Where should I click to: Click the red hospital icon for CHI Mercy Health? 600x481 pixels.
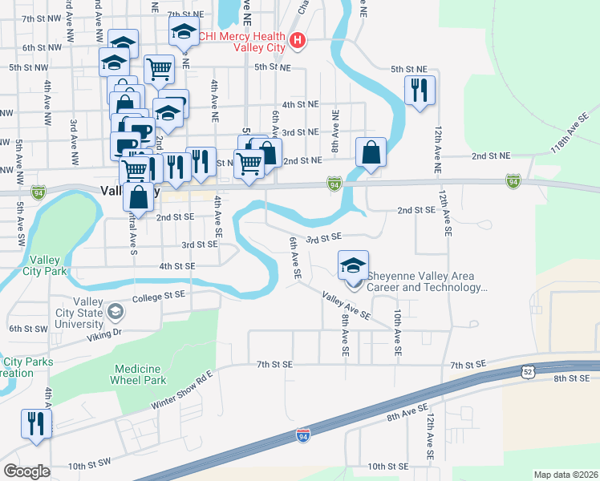pyautogui.click(x=298, y=40)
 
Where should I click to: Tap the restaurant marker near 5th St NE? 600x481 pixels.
pyautogui.click(x=420, y=90)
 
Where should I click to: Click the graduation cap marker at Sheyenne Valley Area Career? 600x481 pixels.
pyautogui.click(x=353, y=265)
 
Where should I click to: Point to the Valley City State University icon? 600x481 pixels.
pyautogui.click(x=116, y=311)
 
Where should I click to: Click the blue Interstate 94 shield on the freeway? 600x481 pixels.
pyautogui.click(x=302, y=435)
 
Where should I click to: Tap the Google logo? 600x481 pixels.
pyautogui.click(x=26, y=471)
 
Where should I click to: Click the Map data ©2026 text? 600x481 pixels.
pyautogui.click(x=566, y=475)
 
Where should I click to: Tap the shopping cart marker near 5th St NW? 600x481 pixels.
pyautogui.click(x=159, y=70)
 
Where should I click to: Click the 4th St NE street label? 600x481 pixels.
pyautogui.click(x=301, y=105)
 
